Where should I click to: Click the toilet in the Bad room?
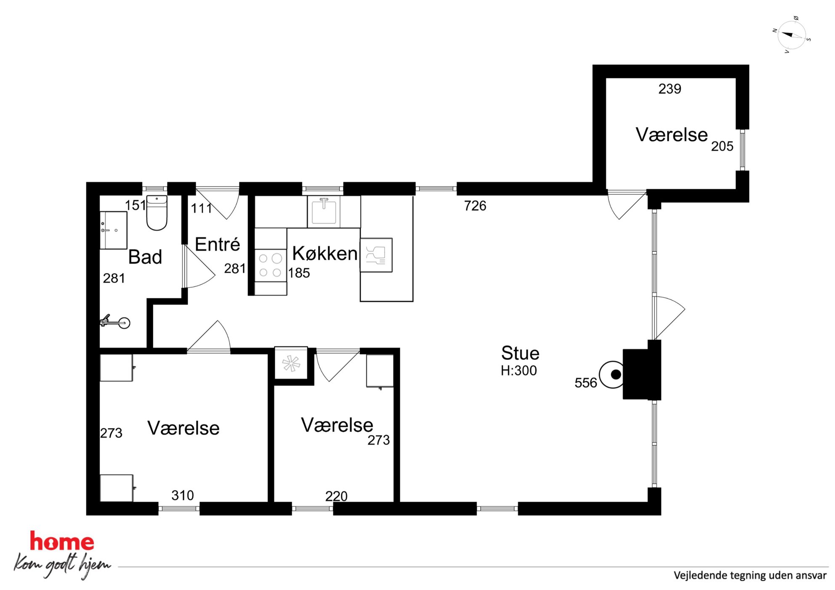[157, 213]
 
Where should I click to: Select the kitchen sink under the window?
[324, 212]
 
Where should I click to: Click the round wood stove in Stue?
[612, 374]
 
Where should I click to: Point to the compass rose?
[792, 35]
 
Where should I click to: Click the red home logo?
[62, 542]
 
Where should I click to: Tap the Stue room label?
[520, 353]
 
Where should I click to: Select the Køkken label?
[325, 253]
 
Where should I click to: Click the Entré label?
[218, 244]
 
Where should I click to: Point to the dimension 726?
[475, 206]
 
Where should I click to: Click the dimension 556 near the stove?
[586, 383]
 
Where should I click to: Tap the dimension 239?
[670, 89]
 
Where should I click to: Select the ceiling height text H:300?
[519, 370]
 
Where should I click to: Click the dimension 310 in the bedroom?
[183, 495]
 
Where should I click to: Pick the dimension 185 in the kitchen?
[299, 273]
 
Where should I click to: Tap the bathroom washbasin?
[113, 230]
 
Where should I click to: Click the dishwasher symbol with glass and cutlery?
[376, 255]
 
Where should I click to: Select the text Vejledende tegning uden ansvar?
[750, 575]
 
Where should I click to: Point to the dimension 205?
[722, 146]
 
